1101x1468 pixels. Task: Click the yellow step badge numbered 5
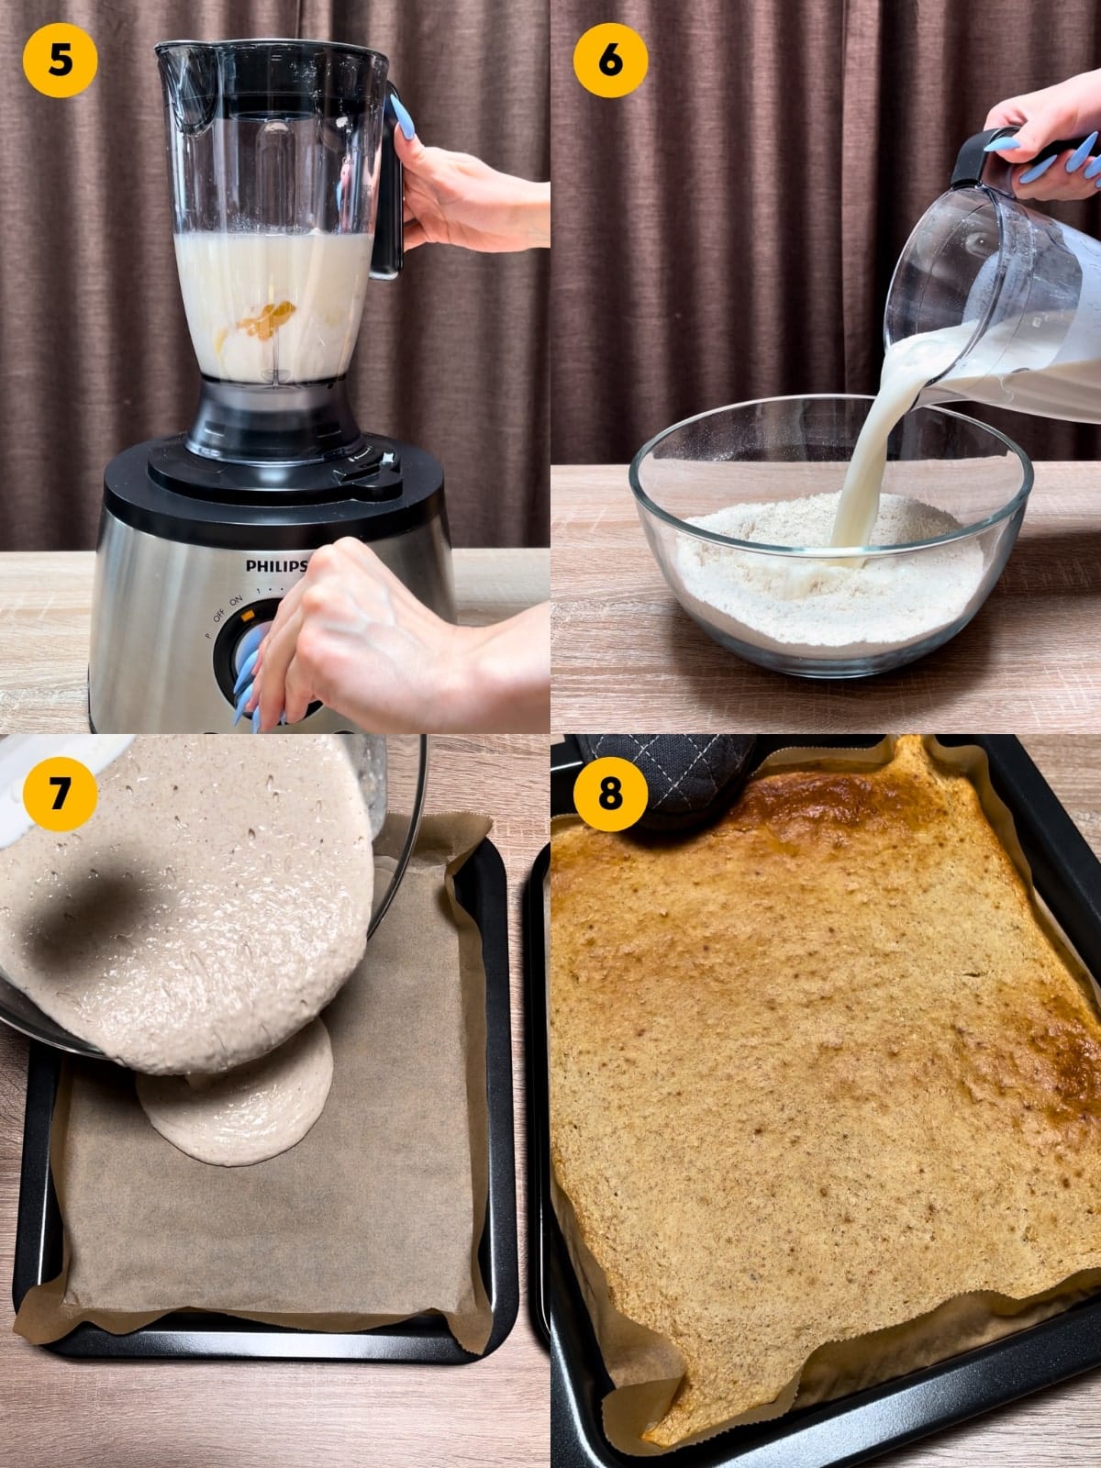pyautogui.click(x=60, y=58)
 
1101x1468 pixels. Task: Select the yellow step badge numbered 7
pyautogui.click(x=60, y=792)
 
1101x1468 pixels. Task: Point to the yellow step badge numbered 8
pyautogui.click(x=610, y=792)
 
